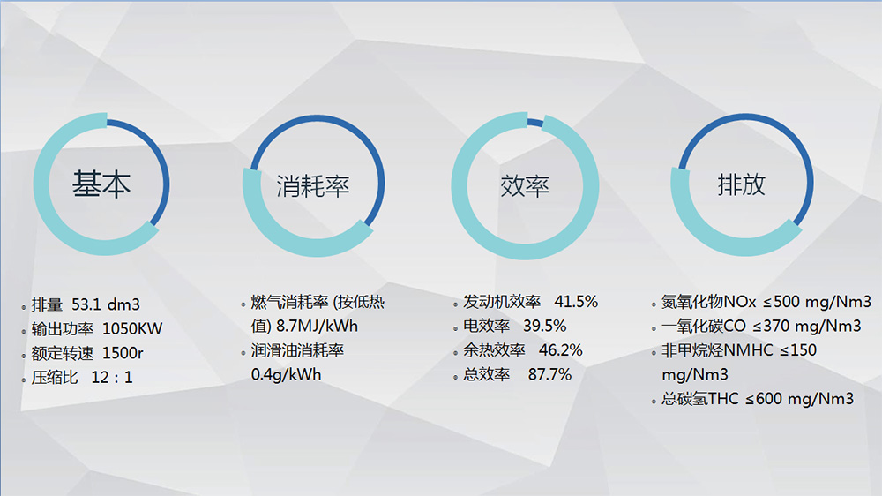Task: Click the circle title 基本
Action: coord(101,184)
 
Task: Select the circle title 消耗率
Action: coord(313,186)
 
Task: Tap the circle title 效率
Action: coord(525,186)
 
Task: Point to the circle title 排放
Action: coord(742,184)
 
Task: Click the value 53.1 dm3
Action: coord(106,304)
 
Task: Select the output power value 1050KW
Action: coord(132,329)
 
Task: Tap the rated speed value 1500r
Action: coord(123,353)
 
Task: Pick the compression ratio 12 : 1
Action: coord(112,377)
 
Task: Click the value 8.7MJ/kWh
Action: coord(317,326)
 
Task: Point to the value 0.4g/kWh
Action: coord(287,374)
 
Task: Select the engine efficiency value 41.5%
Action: coord(576,302)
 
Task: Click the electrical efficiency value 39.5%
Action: coord(544,326)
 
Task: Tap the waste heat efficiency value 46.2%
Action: coord(560,350)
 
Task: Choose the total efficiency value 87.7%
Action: coord(549,374)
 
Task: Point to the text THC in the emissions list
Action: coord(723,399)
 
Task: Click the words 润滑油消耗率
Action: coord(297,350)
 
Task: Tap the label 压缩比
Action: coord(55,377)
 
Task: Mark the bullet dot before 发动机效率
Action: coord(455,304)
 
